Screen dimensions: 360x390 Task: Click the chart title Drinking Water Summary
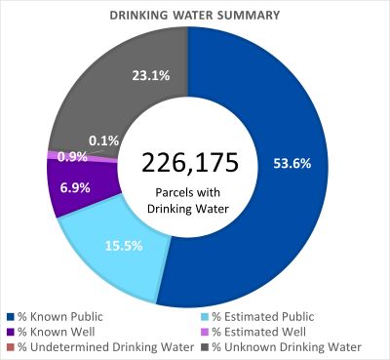[x=194, y=16]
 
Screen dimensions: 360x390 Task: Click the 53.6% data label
[x=292, y=163]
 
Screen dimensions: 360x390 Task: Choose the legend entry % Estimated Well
[x=248, y=332]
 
